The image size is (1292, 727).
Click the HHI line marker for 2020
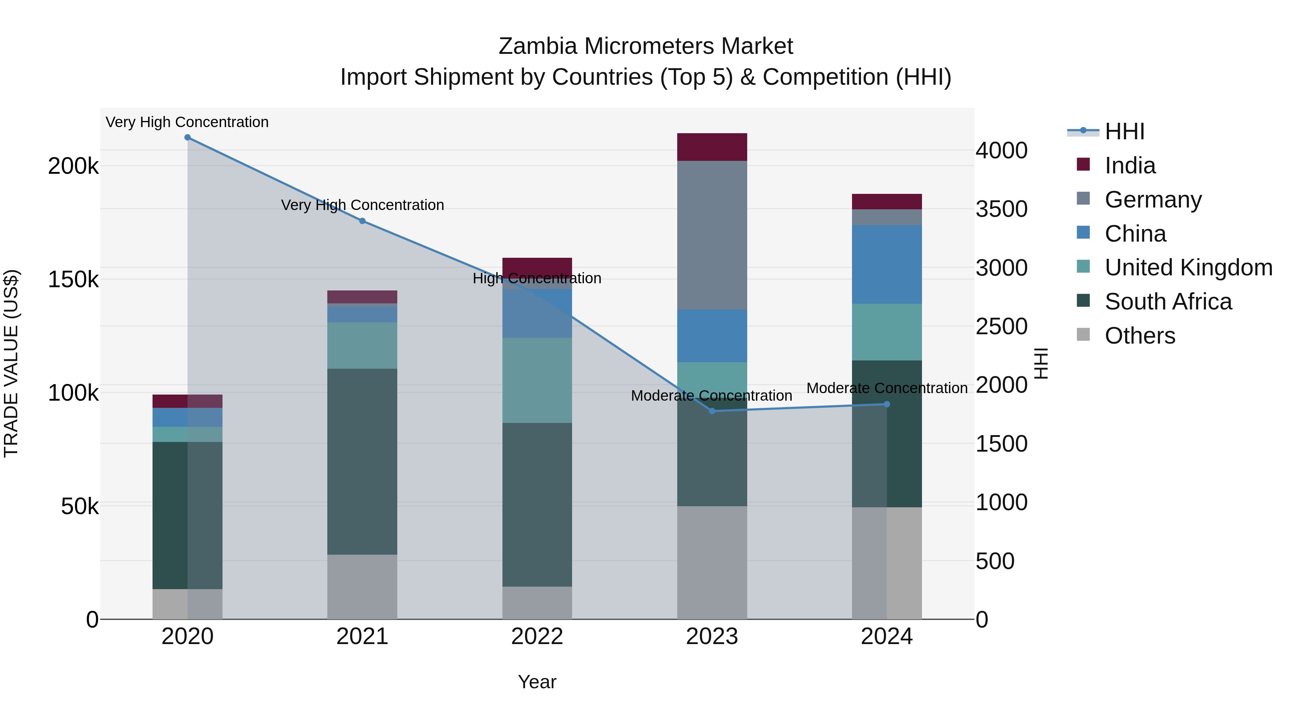pyautogui.click(x=188, y=138)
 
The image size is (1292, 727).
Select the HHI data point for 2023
pyautogui.click(x=712, y=411)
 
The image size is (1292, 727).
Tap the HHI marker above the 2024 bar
pyautogui.click(x=887, y=404)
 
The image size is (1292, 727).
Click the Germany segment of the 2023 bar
pyautogui.click(x=712, y=235)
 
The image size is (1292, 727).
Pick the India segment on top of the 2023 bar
pyautogui.click(x=712, y=147)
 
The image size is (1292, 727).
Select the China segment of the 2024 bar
pyautogui.click(x=887, y=264)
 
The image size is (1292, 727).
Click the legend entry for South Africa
pyautogui.click(x=1167, y=302)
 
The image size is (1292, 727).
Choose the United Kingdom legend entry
pyautogui.click(x=1188, y=267)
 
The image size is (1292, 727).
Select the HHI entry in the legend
pyautogui.click(x=1124, y=131)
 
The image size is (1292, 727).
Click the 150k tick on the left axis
pyautogui.click(x=73, y=279)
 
